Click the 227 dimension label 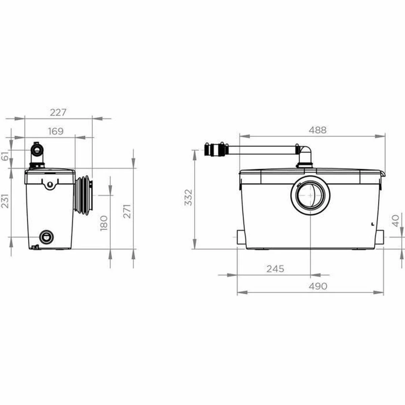pos(58,112)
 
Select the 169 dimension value pos(55,131)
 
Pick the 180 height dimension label pos(104,223)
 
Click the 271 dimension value pos(127,211)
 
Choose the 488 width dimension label pos(317,130)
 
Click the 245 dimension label pos(275,269)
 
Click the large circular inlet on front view pos(310,195)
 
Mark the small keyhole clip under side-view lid pos(50,184)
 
